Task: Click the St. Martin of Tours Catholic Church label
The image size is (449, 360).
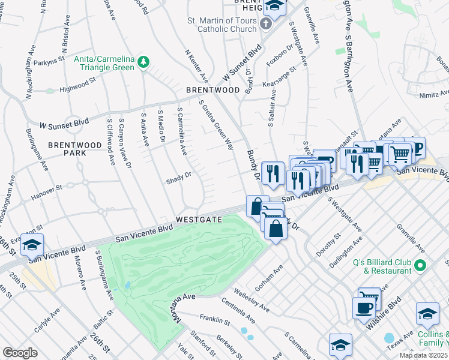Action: click(221, 25)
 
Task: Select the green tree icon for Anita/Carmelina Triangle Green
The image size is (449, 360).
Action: click(143, 61)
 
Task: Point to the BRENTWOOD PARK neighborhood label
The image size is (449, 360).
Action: click(75, 149)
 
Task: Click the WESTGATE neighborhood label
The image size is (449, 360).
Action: click(199, 220)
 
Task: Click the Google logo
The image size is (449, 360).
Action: click(20, 353)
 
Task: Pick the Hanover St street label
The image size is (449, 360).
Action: click(47, 190)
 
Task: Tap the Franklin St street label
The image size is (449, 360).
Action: click(215, 320)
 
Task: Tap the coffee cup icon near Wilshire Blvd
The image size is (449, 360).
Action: click(363, 308)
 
